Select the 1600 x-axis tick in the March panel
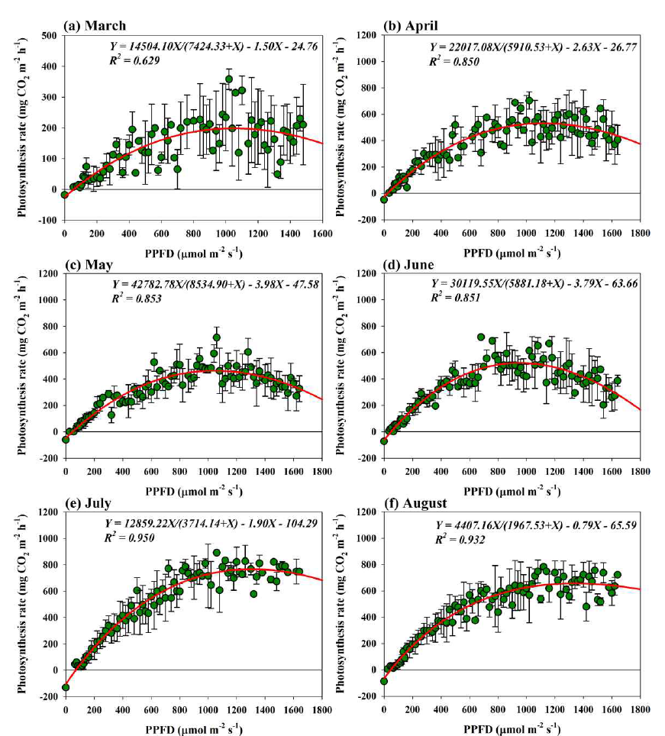pos(321,233)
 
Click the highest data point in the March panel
pos(228,79)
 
